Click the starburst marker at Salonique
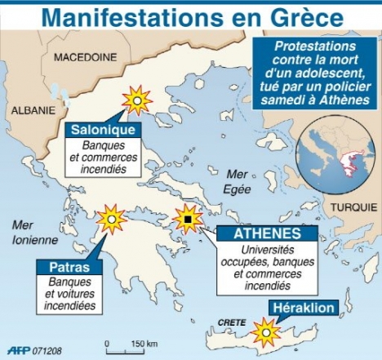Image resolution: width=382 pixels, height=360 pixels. tap(137, 100)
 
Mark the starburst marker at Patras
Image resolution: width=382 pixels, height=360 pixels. tap(111, 219)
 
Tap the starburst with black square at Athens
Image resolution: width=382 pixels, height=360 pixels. tap(188, 220)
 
